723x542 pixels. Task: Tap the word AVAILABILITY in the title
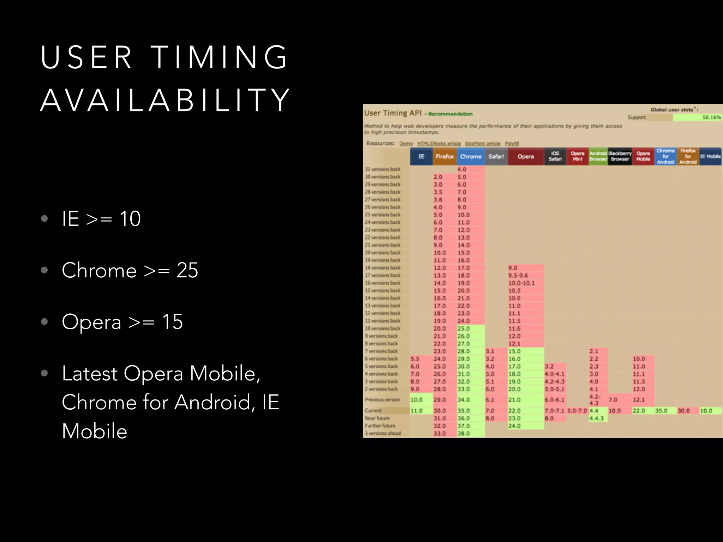pyautogui.click(x=165, y=101)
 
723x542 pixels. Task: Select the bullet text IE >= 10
pyautogui.click(x=101, y=218)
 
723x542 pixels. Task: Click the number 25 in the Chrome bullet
pyautogui.click(x=187, y=270)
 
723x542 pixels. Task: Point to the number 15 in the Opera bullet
pyautogui.click(x=172, y=322)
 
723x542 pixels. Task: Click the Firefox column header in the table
pyautogui.click(x=444, y=156)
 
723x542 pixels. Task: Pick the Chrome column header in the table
pyautogui.click(x=471, y=156)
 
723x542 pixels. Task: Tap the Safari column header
pyautogui.click(x=496, y=156)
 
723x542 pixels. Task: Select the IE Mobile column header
pyautogui.click(x=710, y=156)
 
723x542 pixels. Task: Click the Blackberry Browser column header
pyautogui.click(x=620, y=156)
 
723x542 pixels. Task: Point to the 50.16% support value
pyautogui.click(x=711, y=117)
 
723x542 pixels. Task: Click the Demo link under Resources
pyautogui.click(x=406, y=144)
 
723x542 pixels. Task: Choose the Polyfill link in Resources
pyautogui.click(x=512, y=144)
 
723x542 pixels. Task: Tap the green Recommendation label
pyautogui.click(x=450, y=114)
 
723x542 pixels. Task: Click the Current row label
pyautogui.click(x=373, y=411)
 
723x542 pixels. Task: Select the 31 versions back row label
pyautogui.click(x=383, y=169)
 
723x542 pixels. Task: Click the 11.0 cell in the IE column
pyautogui.click(x=417, y=411)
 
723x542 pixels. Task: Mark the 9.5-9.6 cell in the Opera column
pyautogui.click(x=518, y=276)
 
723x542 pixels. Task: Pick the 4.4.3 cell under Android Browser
pyautogui.click(x=597, y=418)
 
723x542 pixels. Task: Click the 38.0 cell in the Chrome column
pyautogui.click(x=464, y=434)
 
